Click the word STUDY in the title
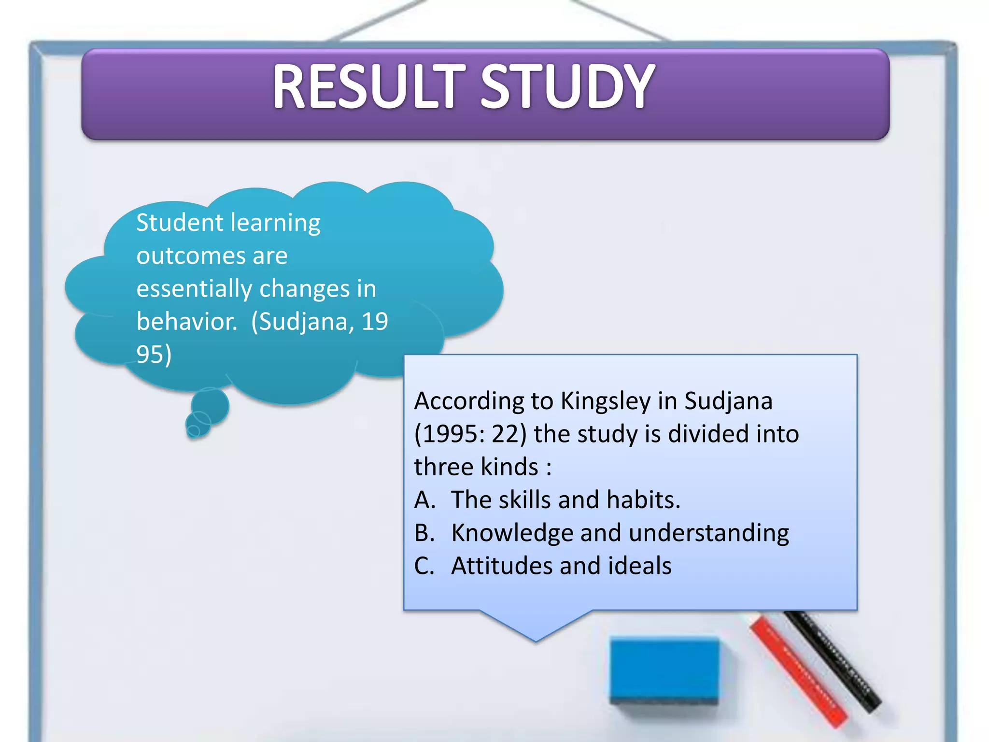(x=567, y=87)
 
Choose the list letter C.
(x=424, y=566)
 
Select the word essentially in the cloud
(x=194, y=289)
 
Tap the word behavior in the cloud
(x=186, y=322)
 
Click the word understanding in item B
(x=708, y=533)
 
